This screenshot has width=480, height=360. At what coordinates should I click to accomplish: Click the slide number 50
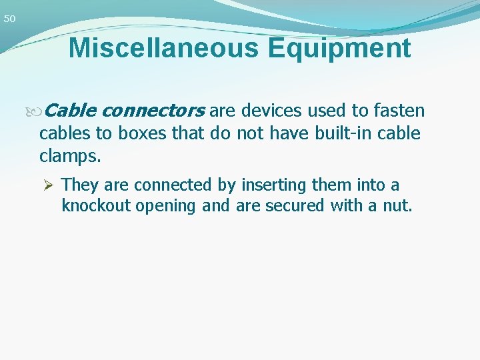click(9, 19)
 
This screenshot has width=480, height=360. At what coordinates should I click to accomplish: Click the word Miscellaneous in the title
click(158, 49)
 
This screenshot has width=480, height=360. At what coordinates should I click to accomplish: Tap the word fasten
click(399, 109)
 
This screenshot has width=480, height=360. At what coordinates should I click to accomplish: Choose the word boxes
click(143, 133)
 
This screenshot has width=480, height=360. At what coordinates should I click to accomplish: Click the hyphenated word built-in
click(341, 133)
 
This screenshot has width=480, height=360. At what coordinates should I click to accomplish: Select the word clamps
click(70, 157)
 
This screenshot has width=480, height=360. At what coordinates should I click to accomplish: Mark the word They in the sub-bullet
click(80, 185)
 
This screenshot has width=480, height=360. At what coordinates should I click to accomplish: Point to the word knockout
click(96, 206)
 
